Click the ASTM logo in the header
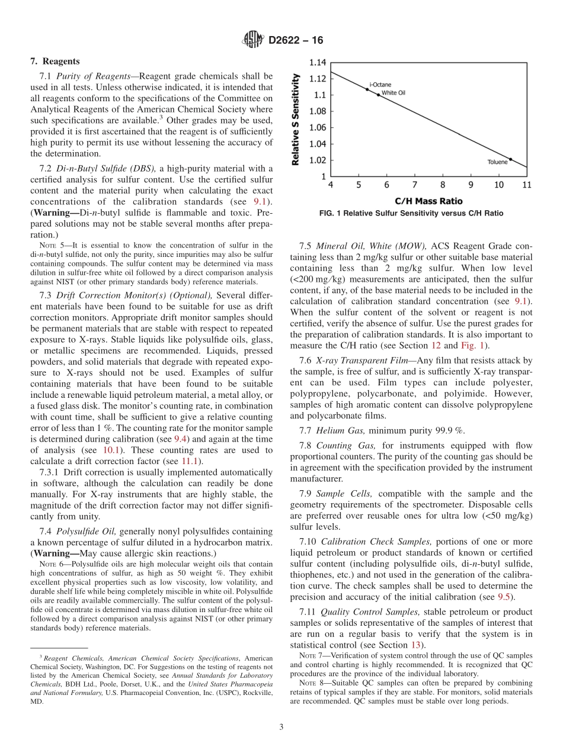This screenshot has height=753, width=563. tap(253, 40)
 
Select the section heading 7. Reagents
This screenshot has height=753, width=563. tap(55, 61)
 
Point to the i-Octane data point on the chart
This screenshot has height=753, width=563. tap(367, 90)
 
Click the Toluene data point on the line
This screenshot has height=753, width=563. tap(510, 159)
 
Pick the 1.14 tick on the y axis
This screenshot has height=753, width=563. tap(318, 62)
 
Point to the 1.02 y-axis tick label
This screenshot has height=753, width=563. tap(318, 160)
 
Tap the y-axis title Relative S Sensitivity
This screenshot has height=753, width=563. tap(296, 119)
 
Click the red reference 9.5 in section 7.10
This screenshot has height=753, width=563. tap(503, 596)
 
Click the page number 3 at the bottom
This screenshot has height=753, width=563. tap(281, 726)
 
